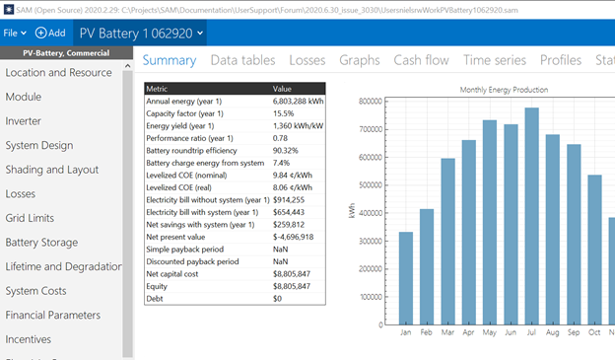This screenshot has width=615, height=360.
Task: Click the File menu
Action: point(15,33)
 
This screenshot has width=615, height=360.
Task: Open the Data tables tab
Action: point(242,60)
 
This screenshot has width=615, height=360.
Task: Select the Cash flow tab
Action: point(421,60)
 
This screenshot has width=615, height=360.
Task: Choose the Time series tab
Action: point(495,60)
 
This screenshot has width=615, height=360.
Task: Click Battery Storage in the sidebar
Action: point(41,243)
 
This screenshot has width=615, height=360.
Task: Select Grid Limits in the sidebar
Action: point(30,218)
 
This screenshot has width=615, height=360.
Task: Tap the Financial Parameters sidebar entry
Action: point(53,315)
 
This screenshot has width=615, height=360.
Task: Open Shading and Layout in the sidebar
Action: point(52,170)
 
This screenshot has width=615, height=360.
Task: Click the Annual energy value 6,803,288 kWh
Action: point(298,102)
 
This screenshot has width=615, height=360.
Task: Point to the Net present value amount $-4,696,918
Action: point(293,237)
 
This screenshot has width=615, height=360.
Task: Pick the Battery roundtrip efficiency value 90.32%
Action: point(286,151)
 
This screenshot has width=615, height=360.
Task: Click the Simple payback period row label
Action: point(184,250)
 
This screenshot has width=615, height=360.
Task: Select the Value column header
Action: point(282,89)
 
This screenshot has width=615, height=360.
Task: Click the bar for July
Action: point(531,216)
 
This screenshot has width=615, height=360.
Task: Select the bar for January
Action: point(406,278)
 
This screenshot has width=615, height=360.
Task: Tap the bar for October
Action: point(594,250)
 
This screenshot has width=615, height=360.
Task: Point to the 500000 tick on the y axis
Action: point(371,185)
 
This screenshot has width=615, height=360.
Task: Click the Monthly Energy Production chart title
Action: point(504,90)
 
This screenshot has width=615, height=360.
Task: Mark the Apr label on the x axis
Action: point(468,332)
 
